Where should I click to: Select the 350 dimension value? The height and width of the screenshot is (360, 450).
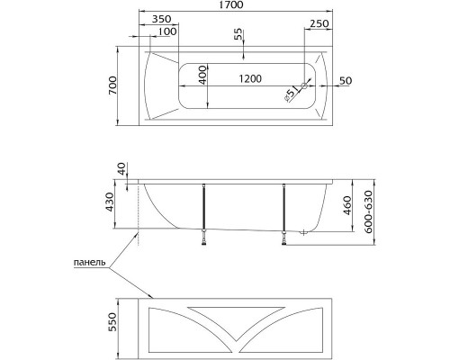point(162,19)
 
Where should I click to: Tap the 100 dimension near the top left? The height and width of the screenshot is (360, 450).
point(166,33)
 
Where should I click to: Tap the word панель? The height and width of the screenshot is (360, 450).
point(89,264)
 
